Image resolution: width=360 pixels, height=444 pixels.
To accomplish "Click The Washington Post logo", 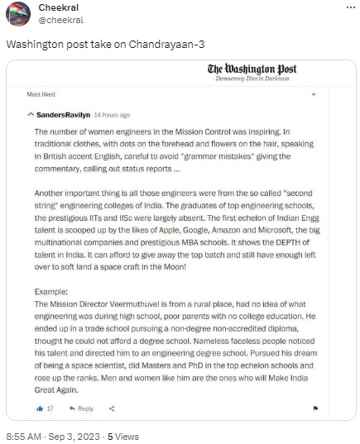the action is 254,69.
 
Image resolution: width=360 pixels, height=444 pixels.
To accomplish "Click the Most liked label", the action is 41,95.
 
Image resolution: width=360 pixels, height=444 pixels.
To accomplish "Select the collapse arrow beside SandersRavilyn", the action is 31,114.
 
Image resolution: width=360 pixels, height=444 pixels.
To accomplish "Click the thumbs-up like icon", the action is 39,408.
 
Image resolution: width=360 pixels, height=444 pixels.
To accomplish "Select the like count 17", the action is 50,408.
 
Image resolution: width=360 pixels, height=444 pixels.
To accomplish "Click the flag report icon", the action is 315,408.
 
